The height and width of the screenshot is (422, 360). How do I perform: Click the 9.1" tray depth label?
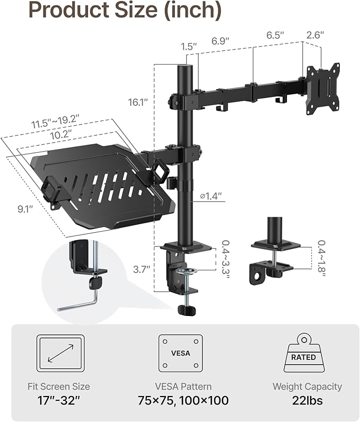pyautogui.click(x=24, y=209)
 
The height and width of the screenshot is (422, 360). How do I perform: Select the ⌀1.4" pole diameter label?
pyautogui.click(x=211, y=196)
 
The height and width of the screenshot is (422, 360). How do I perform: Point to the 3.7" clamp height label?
pyautogui.click(x=142, y=269)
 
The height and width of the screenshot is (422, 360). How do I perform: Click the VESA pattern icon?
pyautogui.click(x=180, y=353)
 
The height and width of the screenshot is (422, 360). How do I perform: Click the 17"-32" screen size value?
pyautogui.click(x=59, y=400)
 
